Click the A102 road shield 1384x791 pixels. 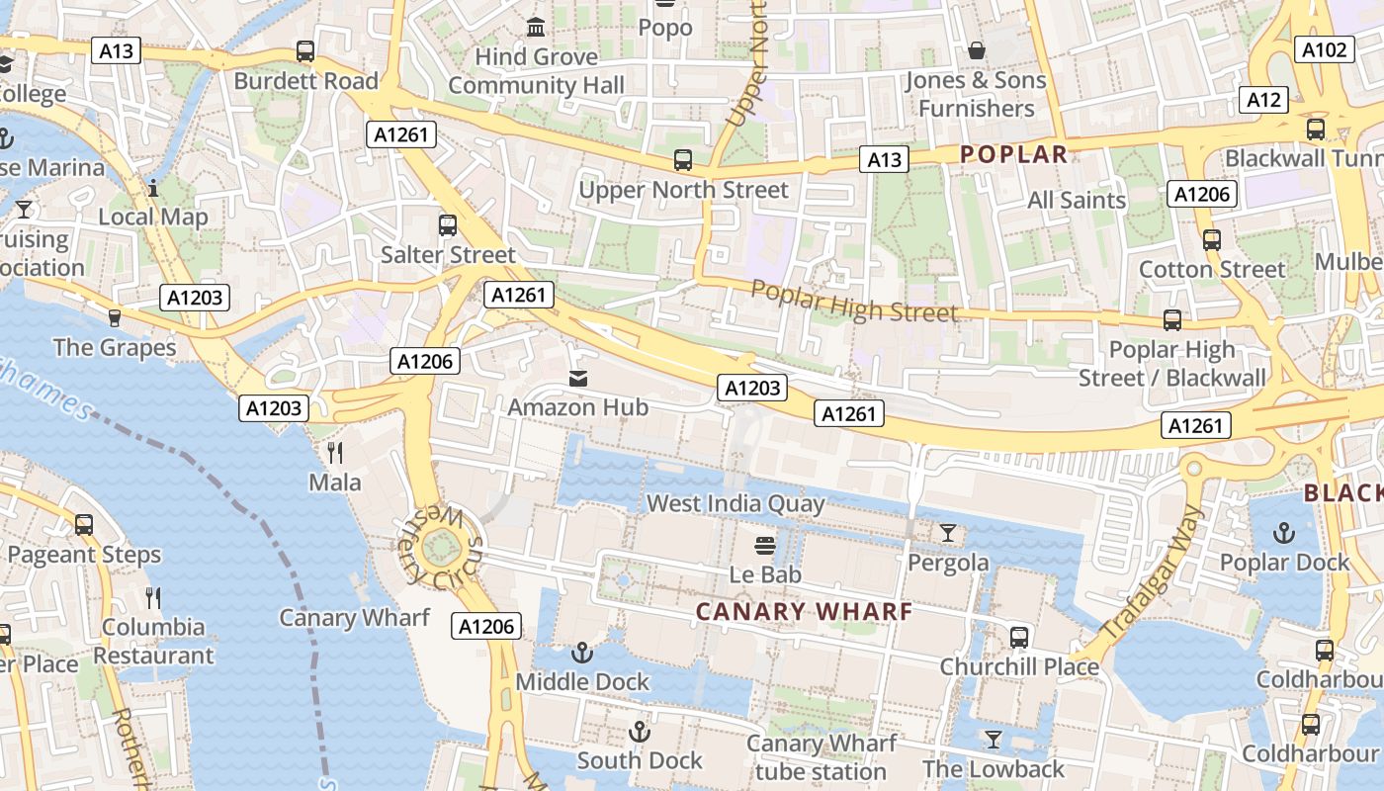coord(1324,50)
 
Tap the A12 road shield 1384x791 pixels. coord(1263,99)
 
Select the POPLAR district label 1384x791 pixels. coord(1013,154)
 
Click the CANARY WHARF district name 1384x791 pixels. coord(804,612)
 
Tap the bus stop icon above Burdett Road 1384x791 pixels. coord(305,51)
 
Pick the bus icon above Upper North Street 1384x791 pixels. coord(682,160)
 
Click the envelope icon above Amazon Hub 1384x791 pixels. coord(577,378)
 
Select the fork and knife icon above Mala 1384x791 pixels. coord(335,453)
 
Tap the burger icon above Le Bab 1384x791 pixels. coord(764,545)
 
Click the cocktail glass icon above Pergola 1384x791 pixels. coord(948,533)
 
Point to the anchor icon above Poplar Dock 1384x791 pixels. coord(1283,533)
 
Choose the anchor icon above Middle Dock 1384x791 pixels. coord(582,653)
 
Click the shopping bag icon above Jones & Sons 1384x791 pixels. coord(977,50)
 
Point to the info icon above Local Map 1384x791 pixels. coord(153,188)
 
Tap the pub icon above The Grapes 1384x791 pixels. coord(115,317)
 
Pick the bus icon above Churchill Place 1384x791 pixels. coord(1018,638)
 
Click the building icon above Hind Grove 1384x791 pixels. coord(536,28)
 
